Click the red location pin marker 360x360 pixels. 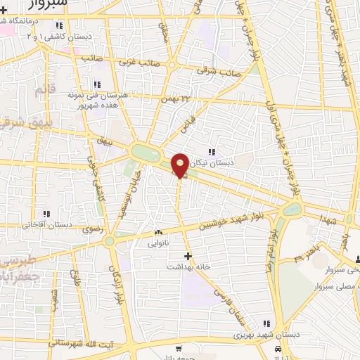[180, 165]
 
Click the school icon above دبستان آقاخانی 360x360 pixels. [46, 214]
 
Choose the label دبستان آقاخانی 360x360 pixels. [46, 225]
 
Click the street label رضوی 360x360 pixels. [92, 229]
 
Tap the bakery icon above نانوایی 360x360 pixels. [159, 233]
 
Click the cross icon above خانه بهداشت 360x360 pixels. [187, 256]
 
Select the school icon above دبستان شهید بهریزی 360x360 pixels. [266, 323]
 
